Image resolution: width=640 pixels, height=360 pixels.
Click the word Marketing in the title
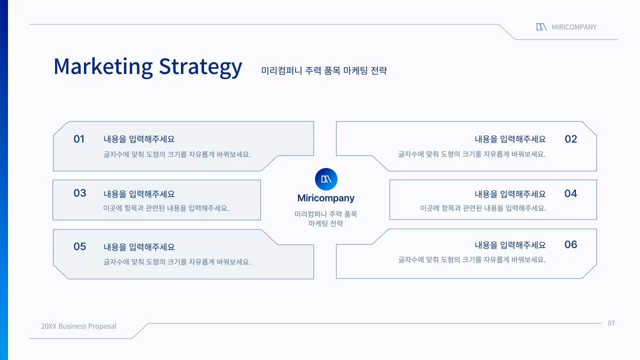tap(103, 66)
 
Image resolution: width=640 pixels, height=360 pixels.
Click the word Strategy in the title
tap(200, 67)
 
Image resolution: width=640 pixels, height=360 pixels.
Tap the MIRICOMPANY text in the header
tap(574, 27)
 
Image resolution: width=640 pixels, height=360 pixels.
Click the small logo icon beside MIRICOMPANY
tap(541, 27)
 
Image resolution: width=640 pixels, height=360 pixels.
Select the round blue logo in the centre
tap(326, 179)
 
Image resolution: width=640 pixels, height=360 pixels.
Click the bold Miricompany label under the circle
tap(326, 198)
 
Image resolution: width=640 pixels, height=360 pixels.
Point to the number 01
tap(79, 139)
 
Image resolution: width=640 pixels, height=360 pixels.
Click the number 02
tap(570, 139)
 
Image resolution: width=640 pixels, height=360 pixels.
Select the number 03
tap(79, 193)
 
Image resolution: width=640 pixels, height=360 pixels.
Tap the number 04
tap(570, 193)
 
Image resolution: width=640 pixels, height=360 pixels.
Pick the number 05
tap(79, 246)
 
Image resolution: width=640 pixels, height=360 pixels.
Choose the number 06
tap(570, 244)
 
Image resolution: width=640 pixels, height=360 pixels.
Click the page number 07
tap(611, 323)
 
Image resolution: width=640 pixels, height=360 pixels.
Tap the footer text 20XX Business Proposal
tap(78, 326)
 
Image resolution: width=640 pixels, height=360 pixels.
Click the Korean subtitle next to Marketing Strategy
tap(324, 70)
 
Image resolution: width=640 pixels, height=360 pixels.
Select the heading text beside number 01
tap(139, 139)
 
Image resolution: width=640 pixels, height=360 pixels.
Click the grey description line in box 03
tap(166, 208)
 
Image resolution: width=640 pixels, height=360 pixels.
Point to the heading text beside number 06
tap(510, 245)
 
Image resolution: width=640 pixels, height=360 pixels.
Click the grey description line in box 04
tap(483, 208)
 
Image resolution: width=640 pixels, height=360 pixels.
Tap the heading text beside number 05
tap(139, 247)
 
